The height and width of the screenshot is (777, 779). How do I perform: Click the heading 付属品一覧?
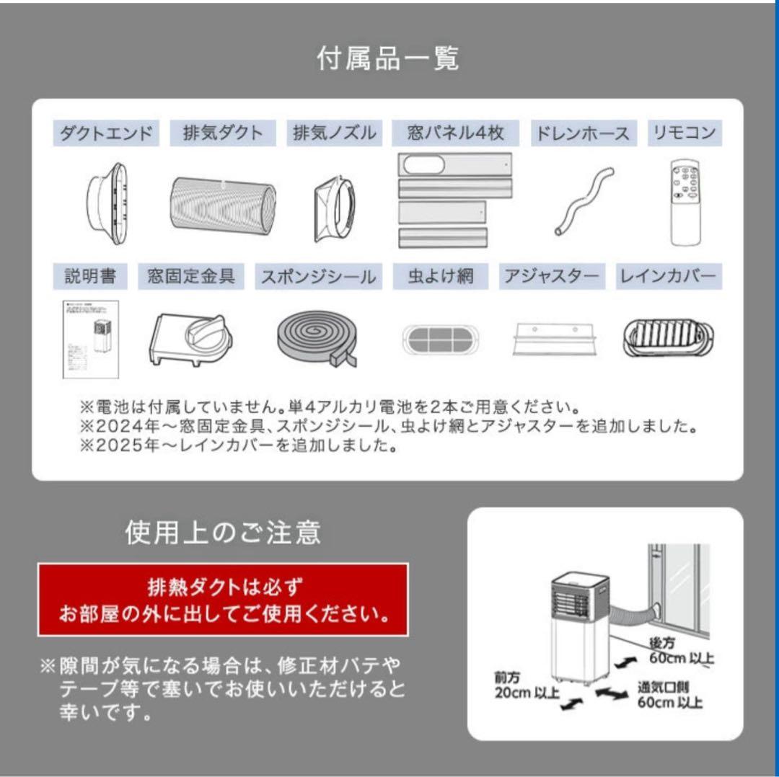coord(388,58)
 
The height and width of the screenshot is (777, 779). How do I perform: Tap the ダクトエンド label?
coord(105,133)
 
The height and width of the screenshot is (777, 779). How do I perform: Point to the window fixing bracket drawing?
coord(190,337)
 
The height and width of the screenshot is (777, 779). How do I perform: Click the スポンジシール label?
coord(318,277)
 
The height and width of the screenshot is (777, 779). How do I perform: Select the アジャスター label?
coord(552,277)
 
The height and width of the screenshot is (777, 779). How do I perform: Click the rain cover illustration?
coord(669,337)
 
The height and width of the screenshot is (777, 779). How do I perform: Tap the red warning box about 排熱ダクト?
coord(223,600)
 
